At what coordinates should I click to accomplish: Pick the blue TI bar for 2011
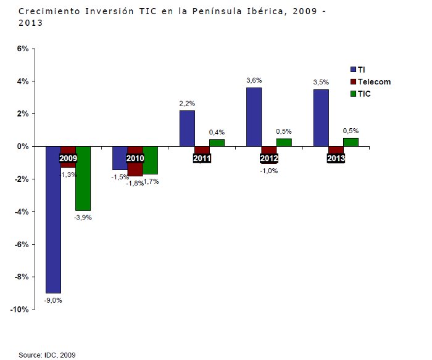187,128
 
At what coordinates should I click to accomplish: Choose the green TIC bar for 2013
351,142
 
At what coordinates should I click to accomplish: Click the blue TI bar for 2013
321,118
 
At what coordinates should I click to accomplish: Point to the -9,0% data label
53,300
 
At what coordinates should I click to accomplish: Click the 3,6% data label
254,80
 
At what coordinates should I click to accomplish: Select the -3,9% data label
83,218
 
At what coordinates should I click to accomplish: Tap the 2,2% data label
187,103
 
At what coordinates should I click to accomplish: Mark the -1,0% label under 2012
269,171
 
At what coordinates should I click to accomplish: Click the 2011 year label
202,158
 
